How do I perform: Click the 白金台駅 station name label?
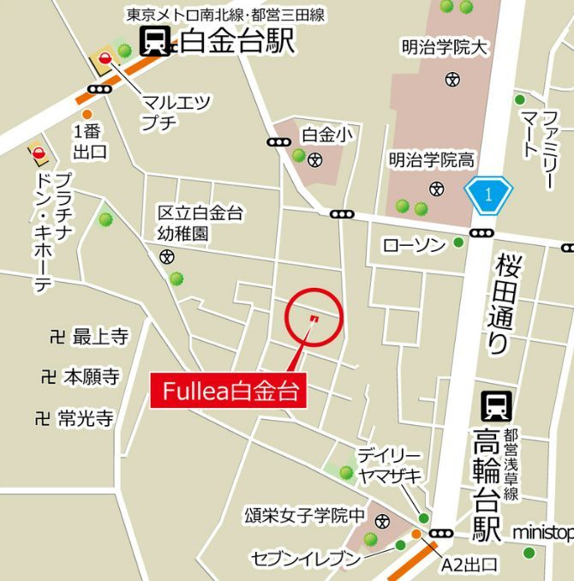[x=239, y=40]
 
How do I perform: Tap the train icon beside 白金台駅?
[x=156, y=40]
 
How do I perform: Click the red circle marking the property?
[x=313, y=318]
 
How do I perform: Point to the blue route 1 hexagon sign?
[x=487, y=195]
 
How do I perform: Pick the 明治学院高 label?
[x=432, y=159]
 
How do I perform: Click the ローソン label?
[x=414, y=246]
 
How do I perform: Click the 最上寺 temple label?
[x=100, y=337]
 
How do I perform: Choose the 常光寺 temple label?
[x=86, y=419]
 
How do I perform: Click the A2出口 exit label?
[x=468, y=565]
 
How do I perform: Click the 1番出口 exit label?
[x=90, y=142]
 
